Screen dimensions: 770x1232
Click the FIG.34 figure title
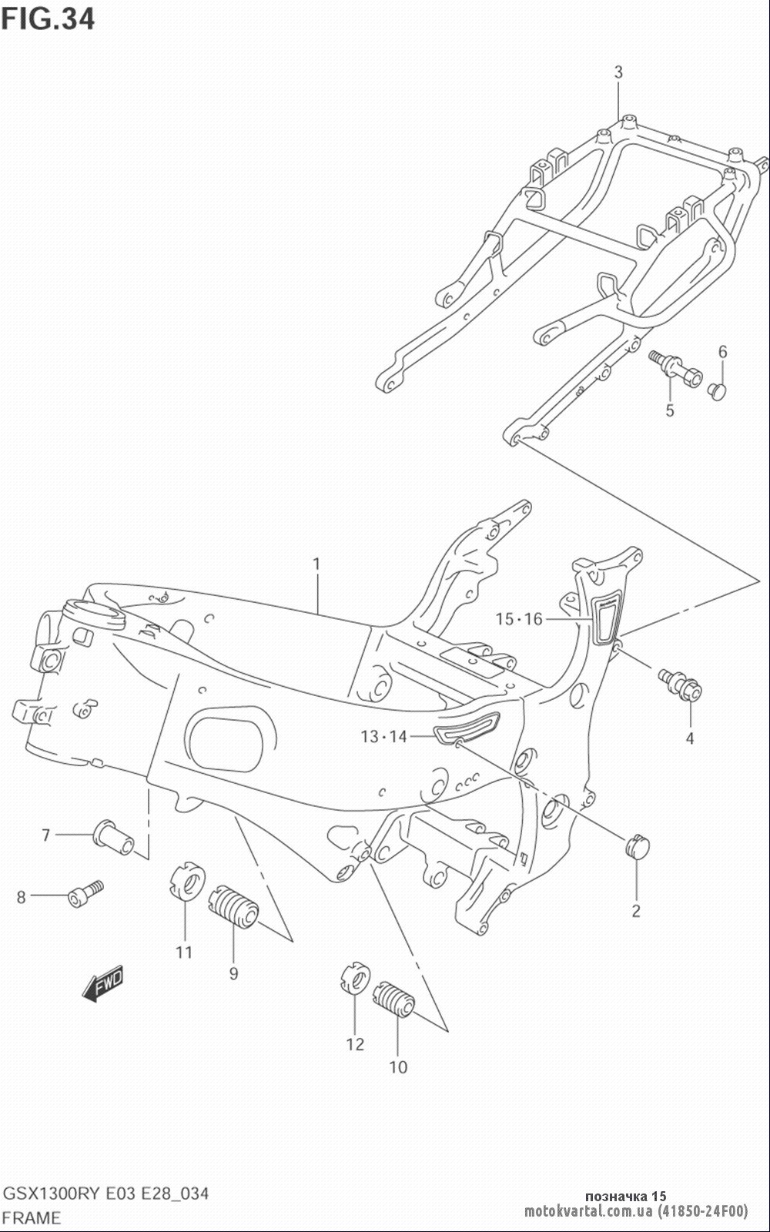[48, 18]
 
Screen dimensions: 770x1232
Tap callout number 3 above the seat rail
[618, 72]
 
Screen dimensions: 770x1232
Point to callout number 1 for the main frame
[316, 564]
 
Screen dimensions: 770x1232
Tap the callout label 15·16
[519, 619]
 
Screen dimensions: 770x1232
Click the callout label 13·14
[383, 736]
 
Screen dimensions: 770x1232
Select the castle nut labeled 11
[187, 882]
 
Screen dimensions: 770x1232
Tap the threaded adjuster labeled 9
[234, 906]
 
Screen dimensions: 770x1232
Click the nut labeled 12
[354, 979]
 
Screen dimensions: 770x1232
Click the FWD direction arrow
[103, 982]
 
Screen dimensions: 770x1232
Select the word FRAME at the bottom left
[32, 1217]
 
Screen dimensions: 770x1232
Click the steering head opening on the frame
[92, 611]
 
